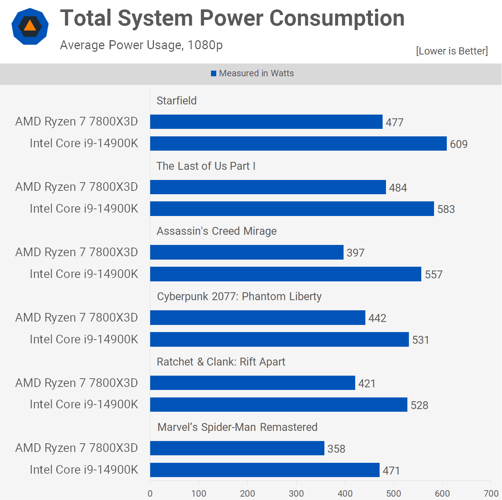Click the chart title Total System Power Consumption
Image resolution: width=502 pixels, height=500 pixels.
(x=232, y=18)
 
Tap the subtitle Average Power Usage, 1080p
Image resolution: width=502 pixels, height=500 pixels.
(x=141, y=45)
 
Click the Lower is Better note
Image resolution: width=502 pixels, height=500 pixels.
(x=452, y=51)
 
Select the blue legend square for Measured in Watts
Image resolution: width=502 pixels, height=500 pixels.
(x=214, y=74)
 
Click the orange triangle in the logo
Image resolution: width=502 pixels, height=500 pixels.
(x=30, y=26)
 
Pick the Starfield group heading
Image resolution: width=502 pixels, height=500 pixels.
(x=176, y=101)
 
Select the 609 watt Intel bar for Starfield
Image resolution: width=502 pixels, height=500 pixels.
(x=298, y=144)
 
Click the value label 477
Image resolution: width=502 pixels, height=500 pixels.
(x=394, y=122)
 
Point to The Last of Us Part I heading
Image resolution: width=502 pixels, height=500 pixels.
(x=206, y=166)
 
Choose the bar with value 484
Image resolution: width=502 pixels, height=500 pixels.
(x=268, y=187)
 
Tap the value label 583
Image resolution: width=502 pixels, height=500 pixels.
(x=446, y=209)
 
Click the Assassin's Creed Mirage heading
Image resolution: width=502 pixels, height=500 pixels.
(x=217, y=231)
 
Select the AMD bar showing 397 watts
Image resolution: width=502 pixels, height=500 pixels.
(x=247, y=252)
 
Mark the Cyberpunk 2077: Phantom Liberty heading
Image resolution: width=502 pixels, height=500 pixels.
(x=239, y=296)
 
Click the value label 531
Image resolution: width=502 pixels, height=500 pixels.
(x=421, y=340)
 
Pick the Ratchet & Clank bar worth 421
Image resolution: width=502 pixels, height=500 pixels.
(x=252, y=383)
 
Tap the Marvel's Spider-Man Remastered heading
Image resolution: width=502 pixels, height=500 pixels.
(x=237, y=427)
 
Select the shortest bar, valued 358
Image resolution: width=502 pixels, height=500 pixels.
(x=237, y=448)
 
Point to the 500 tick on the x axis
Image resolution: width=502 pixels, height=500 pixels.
(x=393, y=493)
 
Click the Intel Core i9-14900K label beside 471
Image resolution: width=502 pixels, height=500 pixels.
(x=84, y=470)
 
